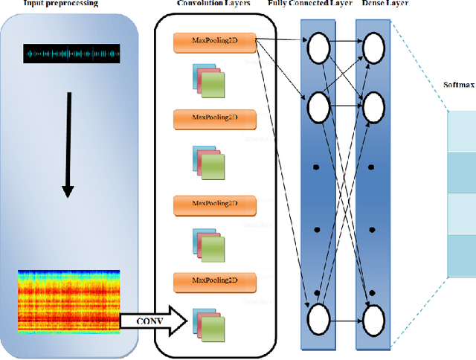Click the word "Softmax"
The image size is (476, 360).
pos(459,83)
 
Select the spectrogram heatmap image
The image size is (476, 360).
pos(68,301)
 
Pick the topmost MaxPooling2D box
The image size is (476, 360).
pos(214,43)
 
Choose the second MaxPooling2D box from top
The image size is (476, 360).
pos(214,118)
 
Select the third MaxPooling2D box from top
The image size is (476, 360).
pos(214,202)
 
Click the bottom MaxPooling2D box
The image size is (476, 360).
pos(214,281)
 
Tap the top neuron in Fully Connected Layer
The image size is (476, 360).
pos(317,48)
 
